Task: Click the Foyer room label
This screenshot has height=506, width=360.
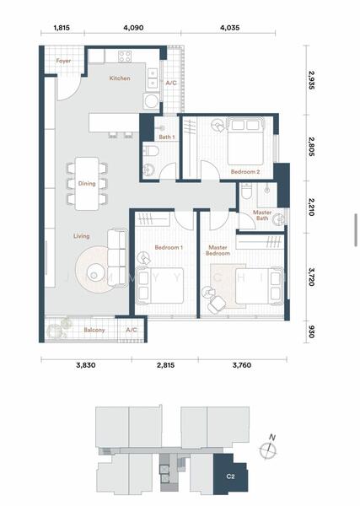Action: point(63,61)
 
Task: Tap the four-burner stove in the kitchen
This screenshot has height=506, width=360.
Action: point(125,57)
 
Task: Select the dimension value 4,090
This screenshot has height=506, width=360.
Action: point(133,28)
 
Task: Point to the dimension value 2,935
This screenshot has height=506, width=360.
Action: point(311,81)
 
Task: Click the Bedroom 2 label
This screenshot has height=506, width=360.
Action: point(245,172)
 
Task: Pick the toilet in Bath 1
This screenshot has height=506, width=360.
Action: point(151,151)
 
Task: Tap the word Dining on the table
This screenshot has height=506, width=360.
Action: point(87,184)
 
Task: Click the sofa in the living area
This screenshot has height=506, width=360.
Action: point(117,257)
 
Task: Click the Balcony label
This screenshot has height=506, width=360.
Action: point(94,330)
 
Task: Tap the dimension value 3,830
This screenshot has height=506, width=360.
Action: point(86,365)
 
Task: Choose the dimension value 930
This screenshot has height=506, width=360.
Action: point(311,331)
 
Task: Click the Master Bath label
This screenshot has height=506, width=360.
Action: point(262,215)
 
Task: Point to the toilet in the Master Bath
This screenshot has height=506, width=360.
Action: point(246,191)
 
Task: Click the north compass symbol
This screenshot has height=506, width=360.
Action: point(268,448)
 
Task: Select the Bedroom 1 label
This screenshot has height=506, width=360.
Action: point(169,247)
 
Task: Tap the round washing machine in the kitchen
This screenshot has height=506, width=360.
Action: point(151,101)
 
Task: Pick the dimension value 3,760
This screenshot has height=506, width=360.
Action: point(242,365)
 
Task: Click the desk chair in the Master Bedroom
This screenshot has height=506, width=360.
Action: point(214,304)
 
